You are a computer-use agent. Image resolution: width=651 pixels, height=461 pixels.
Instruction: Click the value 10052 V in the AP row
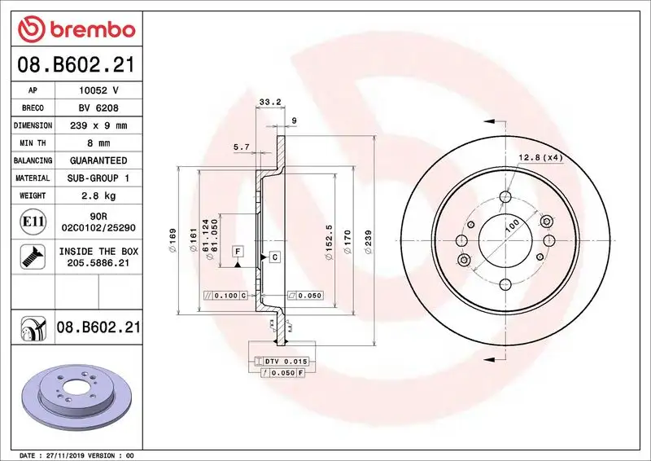[98, 90]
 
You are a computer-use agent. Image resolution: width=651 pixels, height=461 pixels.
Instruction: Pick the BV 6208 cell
[98, 108]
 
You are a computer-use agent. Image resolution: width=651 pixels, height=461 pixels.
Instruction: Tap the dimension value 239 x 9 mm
[98, 125]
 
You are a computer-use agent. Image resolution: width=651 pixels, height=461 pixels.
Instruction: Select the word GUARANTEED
[98, 160]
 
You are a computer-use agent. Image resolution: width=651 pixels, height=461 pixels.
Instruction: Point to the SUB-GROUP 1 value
[98, 178]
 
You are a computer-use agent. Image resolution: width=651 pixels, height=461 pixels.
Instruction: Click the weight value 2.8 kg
[98, 195]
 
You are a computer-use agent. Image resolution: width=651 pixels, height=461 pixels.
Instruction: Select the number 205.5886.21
[98, 263]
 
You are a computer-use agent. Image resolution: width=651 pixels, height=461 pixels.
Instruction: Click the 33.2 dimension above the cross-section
[269, 102]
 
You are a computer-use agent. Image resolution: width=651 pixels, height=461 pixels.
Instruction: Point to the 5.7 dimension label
[242, 147]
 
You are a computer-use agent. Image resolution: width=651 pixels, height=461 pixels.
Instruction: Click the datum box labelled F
[238, 252]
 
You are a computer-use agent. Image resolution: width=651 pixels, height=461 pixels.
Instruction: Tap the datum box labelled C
[274, 257]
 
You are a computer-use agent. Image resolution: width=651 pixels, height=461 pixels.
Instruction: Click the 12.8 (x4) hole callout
[540, 156]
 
